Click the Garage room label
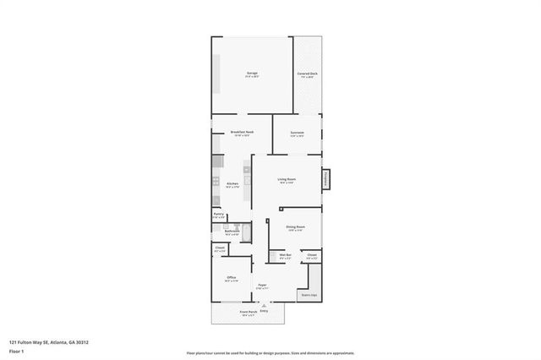tap(252, 75)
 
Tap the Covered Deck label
tap(307, 75)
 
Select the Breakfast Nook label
tap(243, 133)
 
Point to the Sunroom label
tap(297, 134)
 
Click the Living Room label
tap(287, 180)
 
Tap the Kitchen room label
tap(232, 184)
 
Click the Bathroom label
tap(232, 232)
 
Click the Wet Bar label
tap(285, 255)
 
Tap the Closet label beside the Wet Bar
tap(312, 255)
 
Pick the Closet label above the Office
tap(220, 248)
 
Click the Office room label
tap(231, 279)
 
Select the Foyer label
tap(263, 286)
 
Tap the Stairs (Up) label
tap(309, 295)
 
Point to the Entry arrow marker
tap(264, 307)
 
